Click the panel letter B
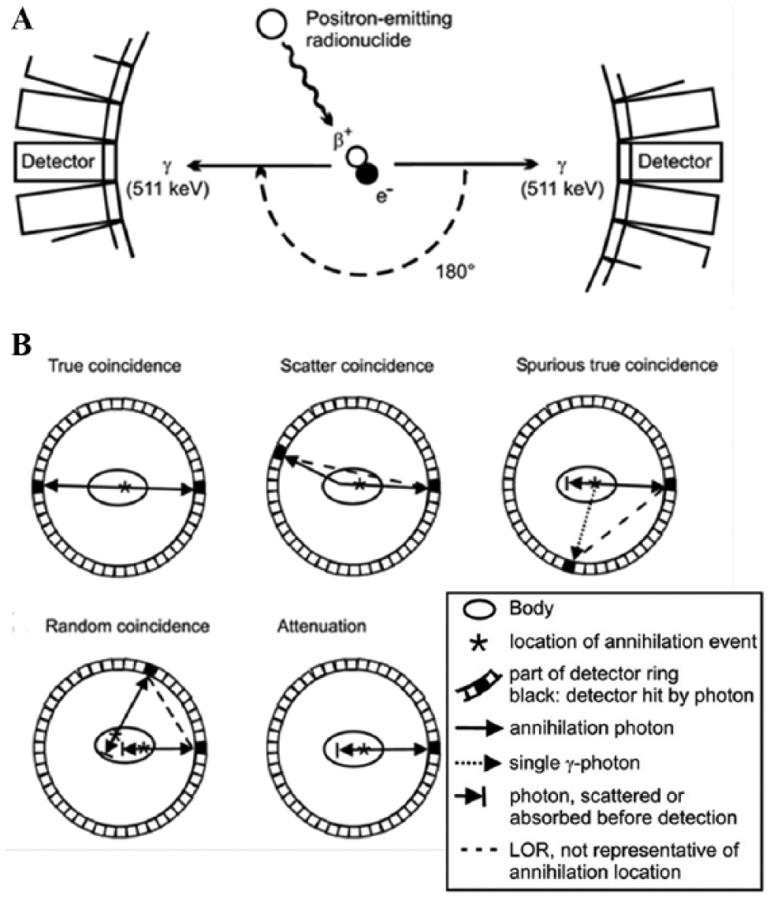click(x=21, y=345)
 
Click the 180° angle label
click(x=456, y=270)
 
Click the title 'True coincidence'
click(x=114, y=366)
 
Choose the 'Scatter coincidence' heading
click(x=357, y=366)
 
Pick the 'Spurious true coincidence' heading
click(x=616, y=365)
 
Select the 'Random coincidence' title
click(x=127, y=626)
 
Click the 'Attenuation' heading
click(x=322, y=626)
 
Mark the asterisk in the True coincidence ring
click(x=125, y=488)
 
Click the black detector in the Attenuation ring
click(x=434, y=748)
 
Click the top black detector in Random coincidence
click(x=151, y=670)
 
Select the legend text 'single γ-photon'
click(x=575, y=763)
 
